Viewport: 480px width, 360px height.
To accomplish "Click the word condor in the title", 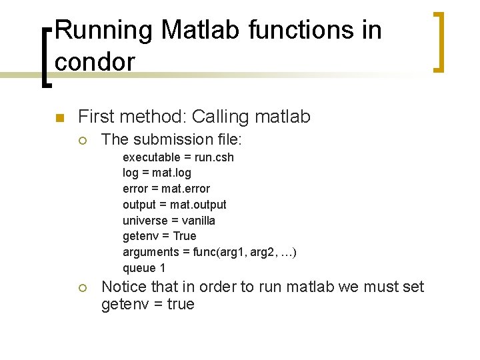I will [x=95, y=61].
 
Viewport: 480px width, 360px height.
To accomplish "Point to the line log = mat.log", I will [x=157, y=173].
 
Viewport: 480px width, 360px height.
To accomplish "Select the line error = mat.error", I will [x=166, y=189].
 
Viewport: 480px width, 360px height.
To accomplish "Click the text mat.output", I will [x=199, y=205].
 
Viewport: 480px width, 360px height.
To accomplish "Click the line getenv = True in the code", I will [x=159, y=236].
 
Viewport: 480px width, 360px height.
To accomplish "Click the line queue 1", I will [x=143, y=268].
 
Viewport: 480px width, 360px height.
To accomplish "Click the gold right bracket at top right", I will [x=438, y=41].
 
